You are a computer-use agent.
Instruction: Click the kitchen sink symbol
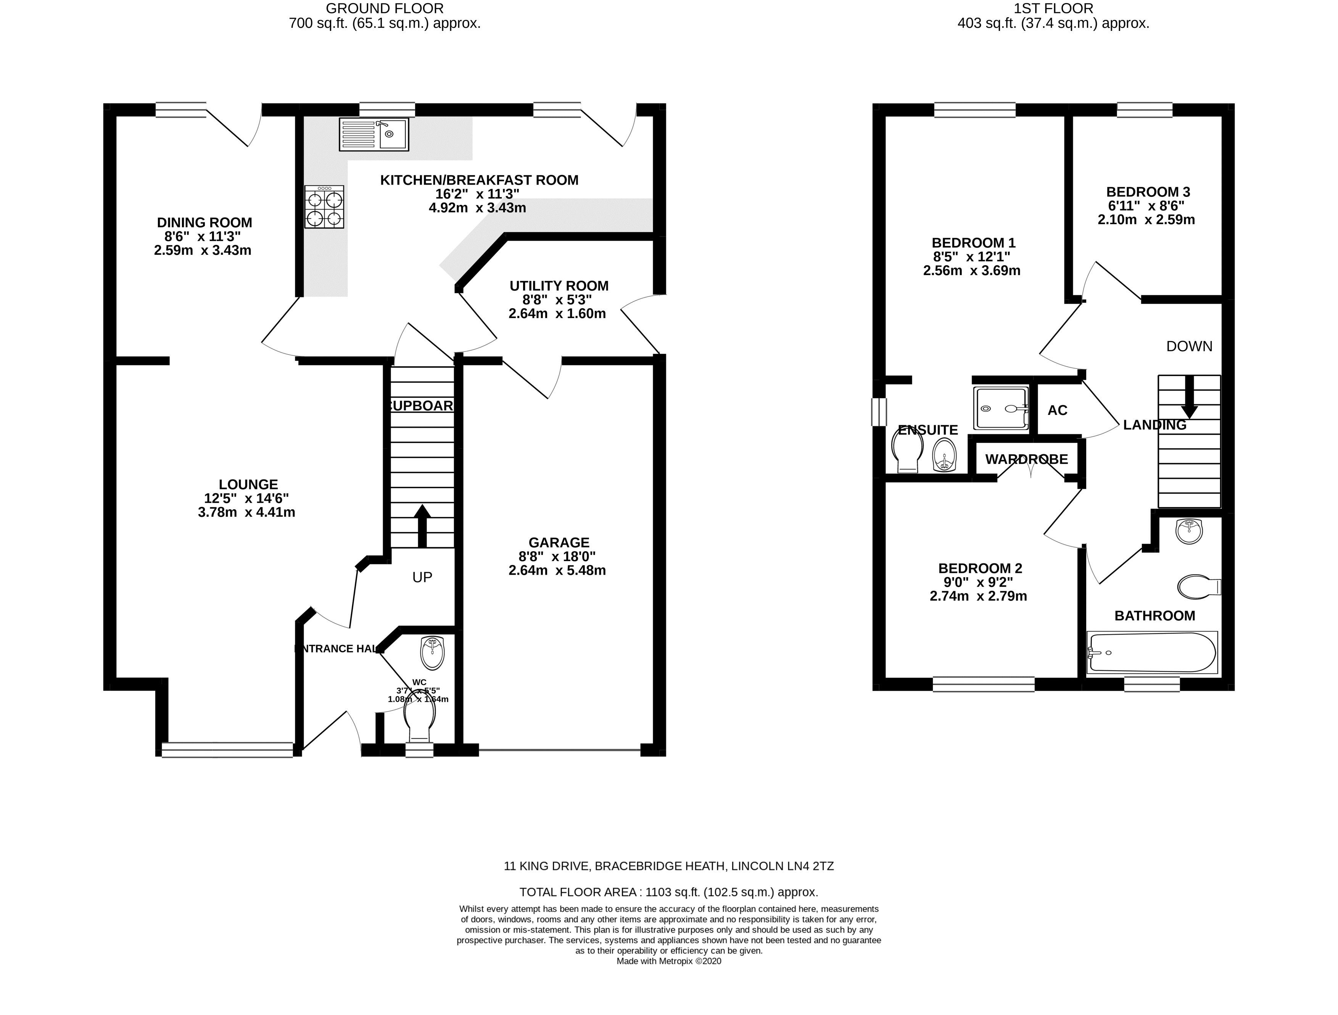[x=374, y=134]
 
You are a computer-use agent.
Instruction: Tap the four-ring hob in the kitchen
[x=324, y=207]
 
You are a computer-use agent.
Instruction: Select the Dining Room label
[x=204, y=223]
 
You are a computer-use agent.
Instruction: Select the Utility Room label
[x=559, y=286]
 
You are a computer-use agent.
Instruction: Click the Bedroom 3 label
[x=1148, y=192]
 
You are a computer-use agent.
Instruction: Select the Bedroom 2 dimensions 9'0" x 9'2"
[x=979, y=582]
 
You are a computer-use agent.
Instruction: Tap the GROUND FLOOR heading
[x=385, y=8]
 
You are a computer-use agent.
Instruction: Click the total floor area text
[x=668, y=891]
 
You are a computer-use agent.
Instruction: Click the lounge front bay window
[x=227, y=750]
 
